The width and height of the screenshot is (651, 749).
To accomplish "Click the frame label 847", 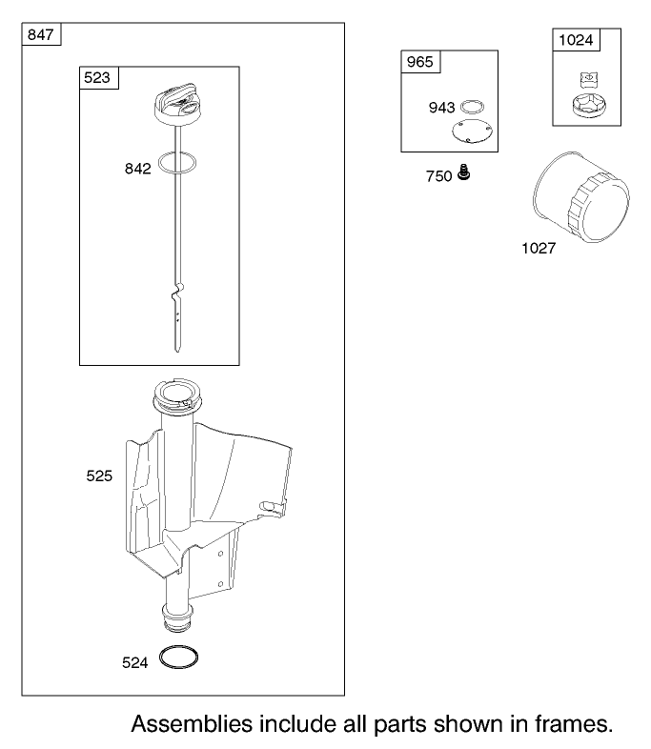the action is [41, 35].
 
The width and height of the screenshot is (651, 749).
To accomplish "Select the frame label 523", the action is [97, 78].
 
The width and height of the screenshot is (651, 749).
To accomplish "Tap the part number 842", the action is [137, 169].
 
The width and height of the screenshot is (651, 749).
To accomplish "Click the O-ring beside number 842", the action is [176, 153].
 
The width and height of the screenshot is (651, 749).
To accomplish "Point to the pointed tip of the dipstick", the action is [177, 351].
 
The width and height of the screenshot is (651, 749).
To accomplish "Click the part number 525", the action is [99, 476].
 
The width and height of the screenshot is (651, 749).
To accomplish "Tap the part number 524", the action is [134, 663].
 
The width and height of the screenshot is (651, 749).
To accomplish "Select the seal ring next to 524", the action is [178, 647].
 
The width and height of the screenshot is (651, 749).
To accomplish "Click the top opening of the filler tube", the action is [176, 393].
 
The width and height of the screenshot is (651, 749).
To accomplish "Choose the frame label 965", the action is [419, 62].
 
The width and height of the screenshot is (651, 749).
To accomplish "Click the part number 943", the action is [442, 108].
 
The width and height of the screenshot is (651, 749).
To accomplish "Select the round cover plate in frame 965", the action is [472, 132].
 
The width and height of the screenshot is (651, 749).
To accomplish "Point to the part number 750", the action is [439, 176].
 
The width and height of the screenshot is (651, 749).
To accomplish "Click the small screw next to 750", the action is [463, 172].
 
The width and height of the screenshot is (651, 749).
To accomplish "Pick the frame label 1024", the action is [576, 40].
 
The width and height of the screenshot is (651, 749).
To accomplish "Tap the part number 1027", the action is [539, 249].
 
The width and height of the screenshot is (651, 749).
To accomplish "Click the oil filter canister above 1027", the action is [580, 197].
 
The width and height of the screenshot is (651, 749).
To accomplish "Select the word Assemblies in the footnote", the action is [192, 724].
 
